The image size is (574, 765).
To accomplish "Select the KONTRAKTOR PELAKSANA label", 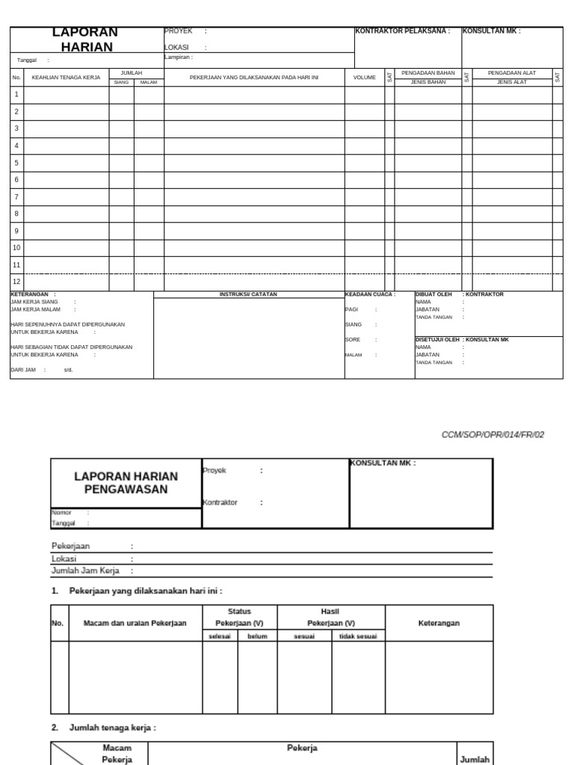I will (x=402, y=31).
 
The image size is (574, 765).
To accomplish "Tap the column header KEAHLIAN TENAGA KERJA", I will (x=66, y=77).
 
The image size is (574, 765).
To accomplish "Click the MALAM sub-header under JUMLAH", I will (x=149, y=82).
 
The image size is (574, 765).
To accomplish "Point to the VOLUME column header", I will (x=364, y=77).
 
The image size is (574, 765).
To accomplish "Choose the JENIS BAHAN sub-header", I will (x=428, y=82).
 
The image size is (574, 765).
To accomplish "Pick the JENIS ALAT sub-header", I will (x=512, y=82).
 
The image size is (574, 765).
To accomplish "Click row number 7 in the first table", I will (x=16, y=196).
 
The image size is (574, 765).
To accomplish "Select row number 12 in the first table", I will (x=16, y=282).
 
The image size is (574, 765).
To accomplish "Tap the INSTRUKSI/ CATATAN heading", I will (x=248, y=294).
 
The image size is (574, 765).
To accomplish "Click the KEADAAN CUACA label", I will (x=370, y=294).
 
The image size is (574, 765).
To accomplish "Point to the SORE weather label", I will (x=352, y=339).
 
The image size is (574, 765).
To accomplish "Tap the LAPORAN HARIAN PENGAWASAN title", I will (x=126, y=483).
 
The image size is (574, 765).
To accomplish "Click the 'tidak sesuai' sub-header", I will (x=358, y=636).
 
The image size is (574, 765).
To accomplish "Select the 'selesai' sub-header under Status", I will (x=220, y=636).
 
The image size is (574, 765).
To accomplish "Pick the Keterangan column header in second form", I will (x=439, y=623).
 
